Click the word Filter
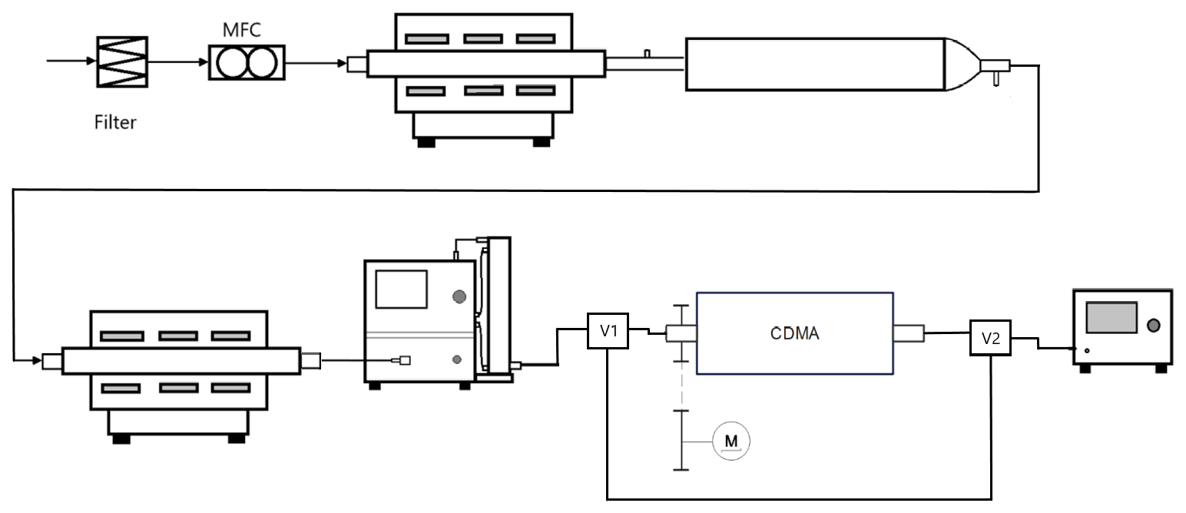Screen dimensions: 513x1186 click(x=115, y=121)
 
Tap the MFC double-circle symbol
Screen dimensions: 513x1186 click(x=246, y=63)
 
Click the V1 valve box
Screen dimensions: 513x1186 click(x=608, y=331)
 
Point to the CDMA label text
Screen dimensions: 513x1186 click(x=794, y=333)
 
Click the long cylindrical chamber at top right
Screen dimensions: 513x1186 click(x=814, y=64)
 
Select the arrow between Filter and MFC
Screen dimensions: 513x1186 click(x=178, y=62)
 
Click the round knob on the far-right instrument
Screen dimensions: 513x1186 click(x=1153, y=327)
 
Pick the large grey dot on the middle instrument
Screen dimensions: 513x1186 click(x=459, y=296)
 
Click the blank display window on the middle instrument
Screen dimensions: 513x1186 click(x=400, y=290)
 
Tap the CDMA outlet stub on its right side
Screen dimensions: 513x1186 click(x=907, y=333)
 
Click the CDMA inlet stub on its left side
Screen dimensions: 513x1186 click(x=681, y=333)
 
